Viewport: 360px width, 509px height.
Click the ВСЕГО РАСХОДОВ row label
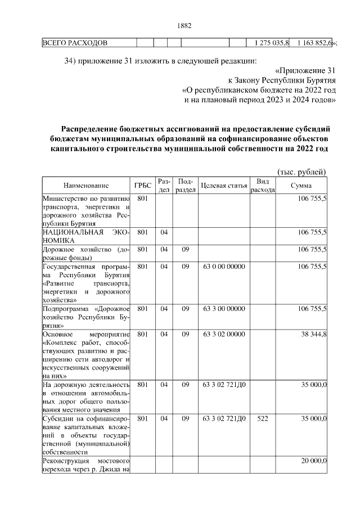coord(75,43)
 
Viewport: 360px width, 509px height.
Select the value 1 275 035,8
coord(272,43)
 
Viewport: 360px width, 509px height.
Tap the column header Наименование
coord(86,186)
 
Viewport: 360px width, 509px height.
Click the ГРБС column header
coord(142,186)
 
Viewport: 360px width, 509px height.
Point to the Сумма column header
coord(302,186)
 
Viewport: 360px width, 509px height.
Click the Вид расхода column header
coord(262,186)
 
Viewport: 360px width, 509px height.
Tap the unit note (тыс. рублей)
coord(302,172)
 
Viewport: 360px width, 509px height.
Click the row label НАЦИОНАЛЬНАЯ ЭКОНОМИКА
coord(86,236)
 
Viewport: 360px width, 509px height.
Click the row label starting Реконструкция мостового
coord(86,466)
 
